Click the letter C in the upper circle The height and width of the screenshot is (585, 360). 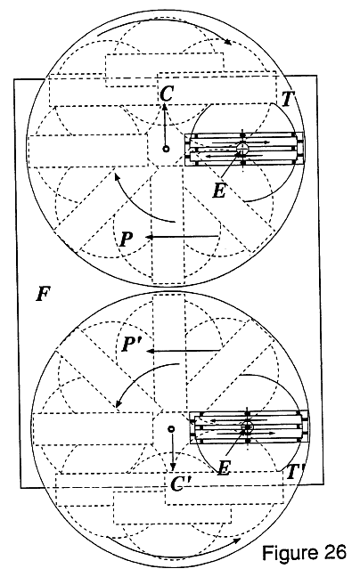click(166, 93)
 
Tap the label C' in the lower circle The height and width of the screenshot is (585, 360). click(181, 483)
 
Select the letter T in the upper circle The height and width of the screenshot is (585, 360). click(288, 99)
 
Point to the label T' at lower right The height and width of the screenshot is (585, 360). click(295, 472)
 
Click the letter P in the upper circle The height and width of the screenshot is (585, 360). click(126, 239)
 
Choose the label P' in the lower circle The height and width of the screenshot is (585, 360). click(131, 344)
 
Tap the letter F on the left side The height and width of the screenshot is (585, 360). click(43, 294)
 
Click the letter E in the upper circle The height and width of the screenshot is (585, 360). click(219, 191)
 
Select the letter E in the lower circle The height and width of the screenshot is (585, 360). click(224, 467)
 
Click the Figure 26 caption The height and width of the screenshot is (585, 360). click(304, 553)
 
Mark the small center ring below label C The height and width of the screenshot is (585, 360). click(166, 149)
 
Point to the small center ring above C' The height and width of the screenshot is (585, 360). click(171, 429)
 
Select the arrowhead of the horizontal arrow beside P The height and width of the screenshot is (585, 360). click(149, 237)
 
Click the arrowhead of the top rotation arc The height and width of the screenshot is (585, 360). click(227, 42)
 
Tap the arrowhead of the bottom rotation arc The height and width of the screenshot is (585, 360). click(237, 540)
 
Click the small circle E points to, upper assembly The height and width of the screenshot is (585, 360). click(242, 148)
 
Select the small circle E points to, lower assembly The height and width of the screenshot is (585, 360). click(247, 426)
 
